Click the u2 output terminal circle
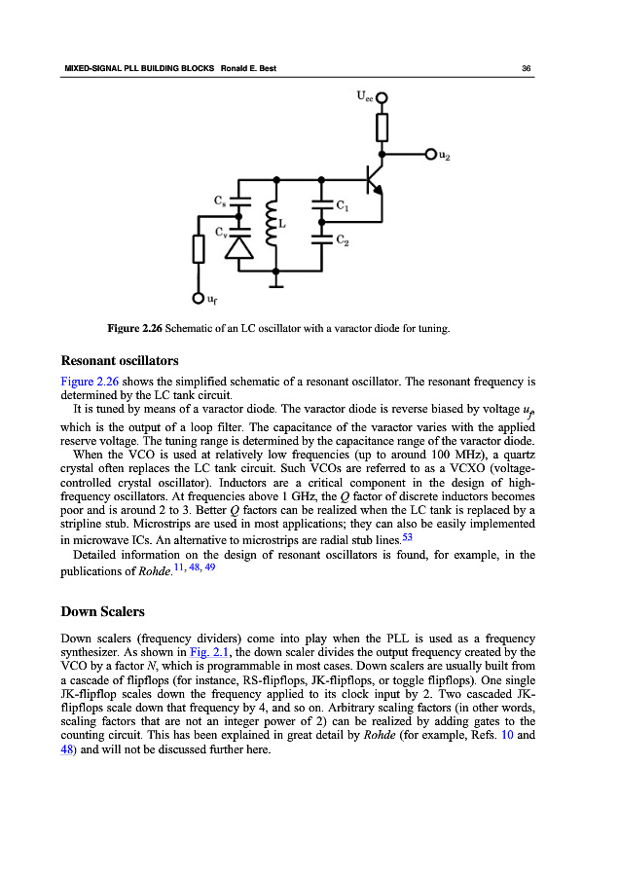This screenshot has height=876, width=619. pos(430,155)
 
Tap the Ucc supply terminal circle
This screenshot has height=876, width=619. pos(382,96)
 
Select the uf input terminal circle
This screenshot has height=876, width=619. pos(198,299)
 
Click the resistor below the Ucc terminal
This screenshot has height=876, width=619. pos(382,126)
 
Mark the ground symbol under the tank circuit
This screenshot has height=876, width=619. pos(277,283)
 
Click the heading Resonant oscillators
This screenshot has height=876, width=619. pos(119,360)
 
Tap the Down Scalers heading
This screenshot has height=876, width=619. pos(102,612)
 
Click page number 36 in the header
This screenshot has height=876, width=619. pos(526,68)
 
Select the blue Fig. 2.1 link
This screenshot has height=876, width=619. pos(209,652)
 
